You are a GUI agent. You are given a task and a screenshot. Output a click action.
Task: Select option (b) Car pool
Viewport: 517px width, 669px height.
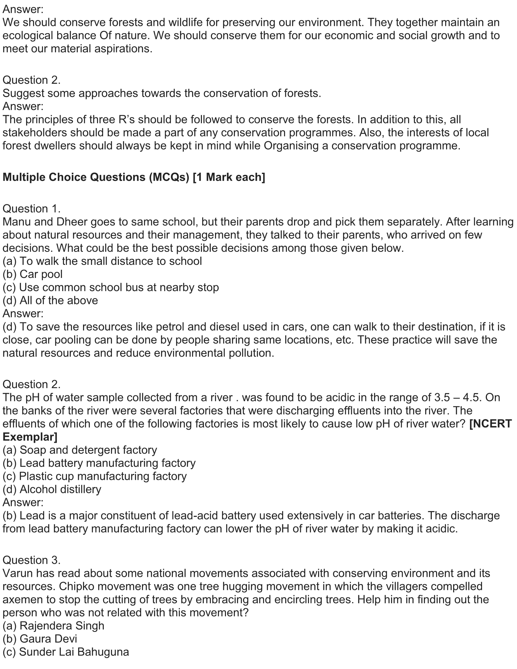coord(33,274)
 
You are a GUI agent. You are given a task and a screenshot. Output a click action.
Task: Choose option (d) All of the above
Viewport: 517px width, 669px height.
coord(50,300)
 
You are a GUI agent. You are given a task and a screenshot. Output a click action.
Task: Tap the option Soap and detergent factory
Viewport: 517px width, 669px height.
coord(80,450)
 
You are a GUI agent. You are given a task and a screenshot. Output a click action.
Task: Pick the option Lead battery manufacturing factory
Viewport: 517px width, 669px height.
coord(99,463)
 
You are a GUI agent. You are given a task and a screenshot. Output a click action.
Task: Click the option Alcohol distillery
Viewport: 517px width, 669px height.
coord(52,490)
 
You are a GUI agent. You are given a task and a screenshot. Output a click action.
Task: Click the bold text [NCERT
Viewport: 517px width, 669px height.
coord(490,424)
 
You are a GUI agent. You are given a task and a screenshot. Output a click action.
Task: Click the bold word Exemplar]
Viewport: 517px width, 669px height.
coord(30,437)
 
